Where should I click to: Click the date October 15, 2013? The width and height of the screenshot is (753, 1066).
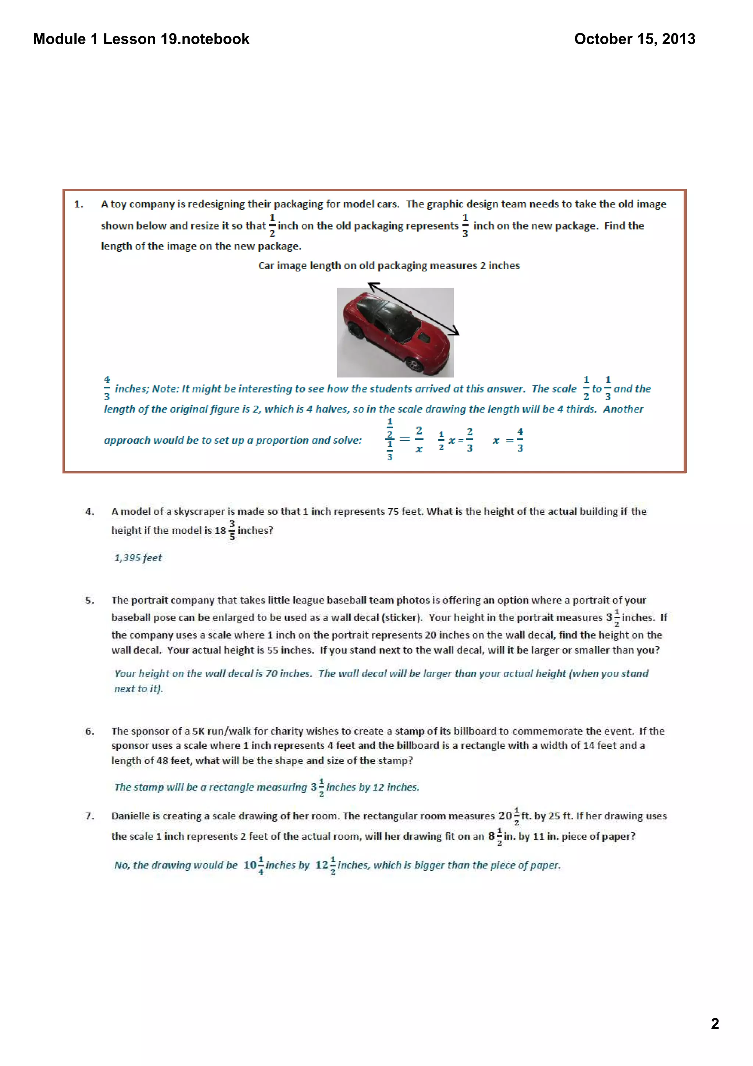pyautogui.click(x=634, y=39)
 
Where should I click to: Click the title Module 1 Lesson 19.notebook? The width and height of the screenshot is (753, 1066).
pyautogui.click(x=141, y=39)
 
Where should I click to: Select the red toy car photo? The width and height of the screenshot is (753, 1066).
pyautogui.click(x=395, y=333)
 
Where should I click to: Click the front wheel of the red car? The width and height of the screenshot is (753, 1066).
pyautogui.click(x=415, y=365)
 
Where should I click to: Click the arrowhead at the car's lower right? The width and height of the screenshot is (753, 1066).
pyautogui.click(x=455, y=331)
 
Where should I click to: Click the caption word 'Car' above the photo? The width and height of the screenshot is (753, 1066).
pyautogui.click(x=266, y=266)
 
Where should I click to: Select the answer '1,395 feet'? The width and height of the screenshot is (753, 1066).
pyautogui.click(x=138, y=558)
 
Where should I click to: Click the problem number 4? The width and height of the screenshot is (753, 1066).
pyautogui.click(x=90, y=512)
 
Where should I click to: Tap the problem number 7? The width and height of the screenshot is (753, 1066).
pyautogui.click(x=90, y=816)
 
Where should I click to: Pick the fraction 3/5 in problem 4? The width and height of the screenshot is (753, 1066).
pyautogui.click(x=232, y=530)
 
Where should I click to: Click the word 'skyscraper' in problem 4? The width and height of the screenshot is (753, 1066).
pyautogui.click(x=199, y=512)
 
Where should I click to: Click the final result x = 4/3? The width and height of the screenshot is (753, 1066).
pyautogui.click(x=508, y=440)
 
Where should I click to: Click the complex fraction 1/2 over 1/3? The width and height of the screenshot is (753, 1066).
pyautogui.click(x=390, y=439)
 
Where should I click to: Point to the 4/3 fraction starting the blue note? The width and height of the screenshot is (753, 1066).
pyautogui.click(x=107, y=388)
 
